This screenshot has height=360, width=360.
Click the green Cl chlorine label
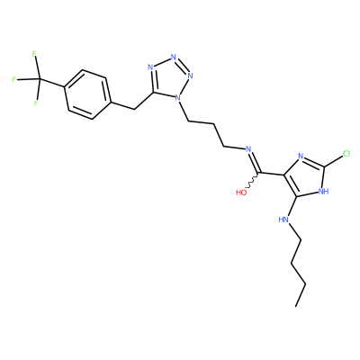[346, 154]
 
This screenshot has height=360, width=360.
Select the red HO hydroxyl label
[241, 193]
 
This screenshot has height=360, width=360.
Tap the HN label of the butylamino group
[283, 220]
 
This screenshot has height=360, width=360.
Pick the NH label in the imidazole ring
[323, 191]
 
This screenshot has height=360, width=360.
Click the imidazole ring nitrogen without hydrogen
[301, 156]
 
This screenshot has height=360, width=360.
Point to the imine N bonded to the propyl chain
[247, 149]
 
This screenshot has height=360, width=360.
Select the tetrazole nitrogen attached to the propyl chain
[177, 97]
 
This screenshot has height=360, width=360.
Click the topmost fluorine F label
[34, 54]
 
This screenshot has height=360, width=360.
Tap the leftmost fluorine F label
[13, 79]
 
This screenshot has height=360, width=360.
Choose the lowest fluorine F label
[36, 103]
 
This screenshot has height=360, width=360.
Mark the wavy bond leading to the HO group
[252, 182]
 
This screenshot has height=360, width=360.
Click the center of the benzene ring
[87, 94]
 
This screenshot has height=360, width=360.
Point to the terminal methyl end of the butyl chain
[295, 306]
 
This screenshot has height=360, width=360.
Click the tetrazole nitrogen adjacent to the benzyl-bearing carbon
[150, 67]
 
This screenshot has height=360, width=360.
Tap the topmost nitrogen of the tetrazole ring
[173, 57]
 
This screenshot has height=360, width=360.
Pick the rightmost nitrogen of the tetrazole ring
[190, 76]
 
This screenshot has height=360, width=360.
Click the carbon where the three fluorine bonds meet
[40, 79]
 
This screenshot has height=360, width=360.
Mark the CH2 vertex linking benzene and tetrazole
[134, 109]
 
